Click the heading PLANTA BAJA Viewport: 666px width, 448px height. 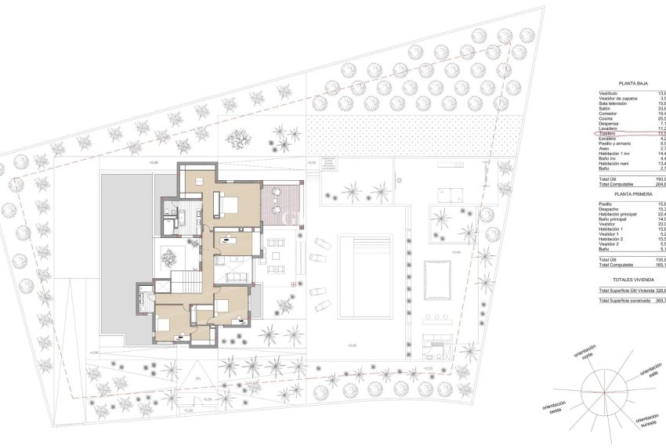(x=632, y=81)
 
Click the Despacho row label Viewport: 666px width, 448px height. (x=611, y=209)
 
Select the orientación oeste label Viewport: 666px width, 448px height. (x=553, y=408)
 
